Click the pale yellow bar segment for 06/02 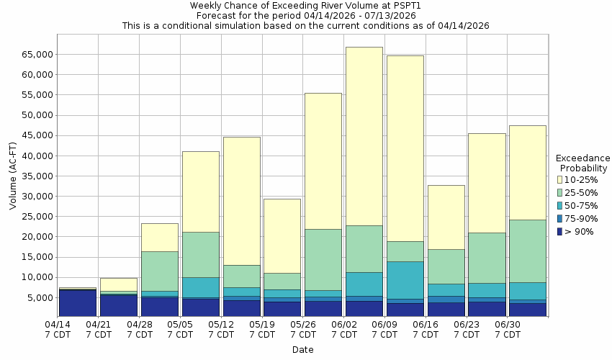pyautogui.click(x=364, y=136)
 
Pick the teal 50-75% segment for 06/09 pyautogui.click(x=405, y=280)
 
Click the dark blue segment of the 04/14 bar pyautogui.click(x=77, y=302)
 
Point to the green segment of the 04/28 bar pyautogui.click(x=159, y=271)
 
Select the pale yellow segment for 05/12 pyautogui.click(x=241, y=201)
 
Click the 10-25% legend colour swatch pyautogui.click(x=559, y=179)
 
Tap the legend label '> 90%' pyautogui.click(x=580, y=231)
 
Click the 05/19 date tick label pyautogui.click(x=263, y=329)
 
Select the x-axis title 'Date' pyautogui.click(x=302, y=350)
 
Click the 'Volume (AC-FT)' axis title pyautogui.click(x=13, y=176)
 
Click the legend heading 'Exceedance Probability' pyautogui.click(x=582, y=163)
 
